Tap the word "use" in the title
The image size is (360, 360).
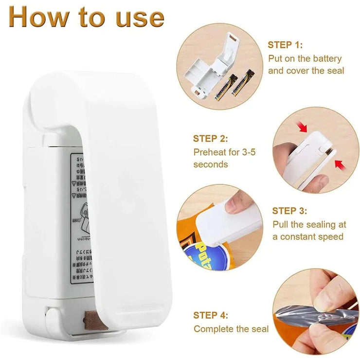click(x=138, y=17)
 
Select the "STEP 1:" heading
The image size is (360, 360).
click(x=285, y=45)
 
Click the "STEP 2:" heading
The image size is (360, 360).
click(x=210, y=139)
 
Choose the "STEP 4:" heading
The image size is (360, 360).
click(x=211, y=315)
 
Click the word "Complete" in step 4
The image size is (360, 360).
click(x=213, y=329)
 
